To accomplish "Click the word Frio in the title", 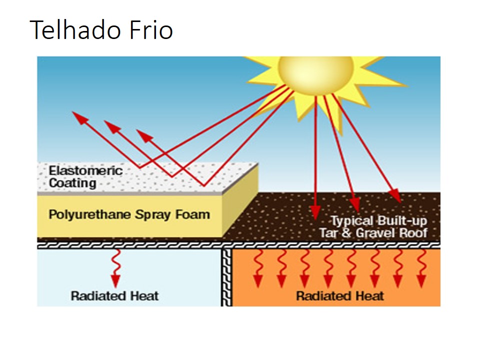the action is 151,29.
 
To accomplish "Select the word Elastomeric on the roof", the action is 85,170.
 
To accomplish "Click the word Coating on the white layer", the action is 72,183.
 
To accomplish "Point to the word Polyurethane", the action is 90,215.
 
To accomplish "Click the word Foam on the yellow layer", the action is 192,214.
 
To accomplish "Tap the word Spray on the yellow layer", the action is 153,215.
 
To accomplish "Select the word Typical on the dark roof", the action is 352,221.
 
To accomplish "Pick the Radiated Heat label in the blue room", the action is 115,296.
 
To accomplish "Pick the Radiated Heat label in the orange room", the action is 340,296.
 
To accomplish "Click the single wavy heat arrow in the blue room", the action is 115,268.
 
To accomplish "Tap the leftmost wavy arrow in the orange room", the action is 258,268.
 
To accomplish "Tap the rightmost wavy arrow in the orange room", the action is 421,268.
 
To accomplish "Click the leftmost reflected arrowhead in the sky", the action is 80,118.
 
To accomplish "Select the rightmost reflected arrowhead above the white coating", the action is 144,135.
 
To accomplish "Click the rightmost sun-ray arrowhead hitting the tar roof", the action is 395,195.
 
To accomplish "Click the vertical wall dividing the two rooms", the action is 226,277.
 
